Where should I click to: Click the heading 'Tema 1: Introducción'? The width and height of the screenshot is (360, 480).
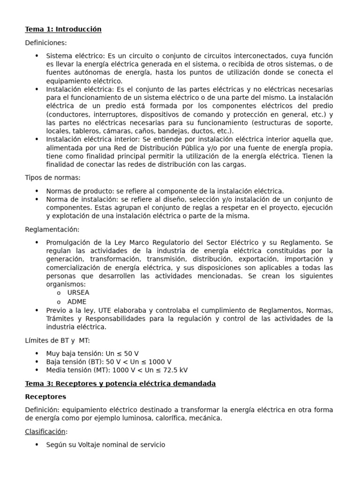(63, 29)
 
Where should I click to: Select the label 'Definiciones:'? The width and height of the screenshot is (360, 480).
(46, 43)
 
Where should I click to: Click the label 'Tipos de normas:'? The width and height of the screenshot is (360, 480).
(52, 177)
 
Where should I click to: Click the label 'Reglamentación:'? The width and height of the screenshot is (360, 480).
(52, 229)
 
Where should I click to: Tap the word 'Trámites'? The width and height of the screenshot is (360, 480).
(60, 319)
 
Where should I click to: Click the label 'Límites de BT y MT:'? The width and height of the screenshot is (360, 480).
(57, 340)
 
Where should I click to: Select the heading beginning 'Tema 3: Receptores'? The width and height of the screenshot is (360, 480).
(120, 383)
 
